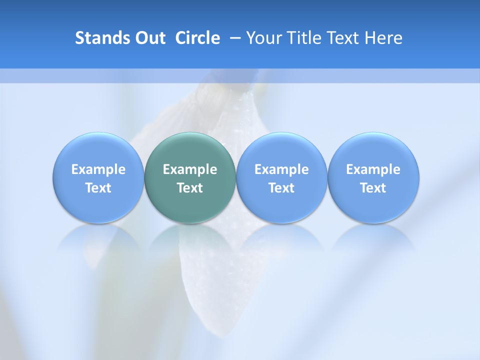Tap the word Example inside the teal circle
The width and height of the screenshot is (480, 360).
tap(190, 169)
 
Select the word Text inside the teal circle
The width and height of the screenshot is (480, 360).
tap(190, 188)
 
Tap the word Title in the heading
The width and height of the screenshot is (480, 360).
tap(302, 38)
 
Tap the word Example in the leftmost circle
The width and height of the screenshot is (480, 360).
tap(98, 169)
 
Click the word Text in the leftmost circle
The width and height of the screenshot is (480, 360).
tap(98, 188)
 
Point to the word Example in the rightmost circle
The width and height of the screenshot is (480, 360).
tap(373, 169)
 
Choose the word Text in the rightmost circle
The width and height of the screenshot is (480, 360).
tap(373, 188)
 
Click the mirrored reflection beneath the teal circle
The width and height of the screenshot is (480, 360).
tap(190, 240)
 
